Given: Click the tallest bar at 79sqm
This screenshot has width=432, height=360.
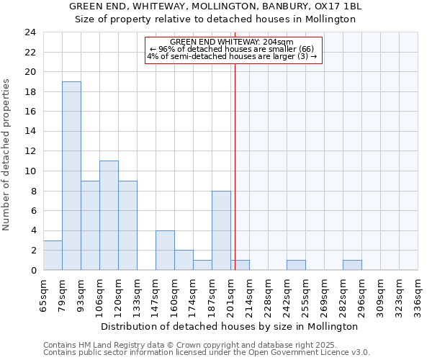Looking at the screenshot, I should [71, 176].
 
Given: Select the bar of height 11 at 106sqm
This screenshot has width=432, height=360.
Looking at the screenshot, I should [109, 215].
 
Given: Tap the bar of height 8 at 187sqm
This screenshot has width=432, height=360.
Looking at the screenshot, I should [221, 230].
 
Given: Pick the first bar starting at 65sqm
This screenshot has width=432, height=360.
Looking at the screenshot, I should [53, 255].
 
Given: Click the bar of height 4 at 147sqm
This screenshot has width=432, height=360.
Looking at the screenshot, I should [165, 250].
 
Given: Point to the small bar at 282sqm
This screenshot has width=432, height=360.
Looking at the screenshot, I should [352, 265].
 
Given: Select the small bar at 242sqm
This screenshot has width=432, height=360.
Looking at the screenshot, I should [296, 265].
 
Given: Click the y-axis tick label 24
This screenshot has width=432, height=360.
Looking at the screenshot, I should [30, 32].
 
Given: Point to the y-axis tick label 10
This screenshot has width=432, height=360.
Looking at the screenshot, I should [30, 171].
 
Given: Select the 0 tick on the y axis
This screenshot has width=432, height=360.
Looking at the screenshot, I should [32, 270].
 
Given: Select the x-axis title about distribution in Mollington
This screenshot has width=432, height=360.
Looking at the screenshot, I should [229, 326].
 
